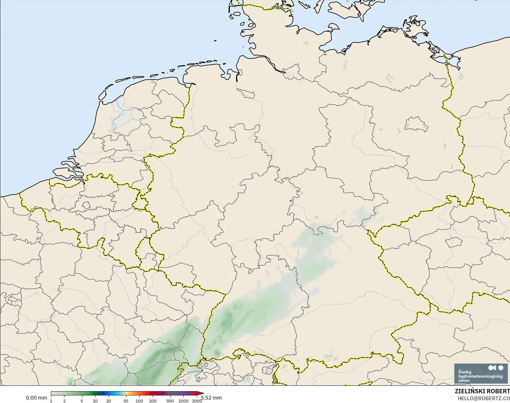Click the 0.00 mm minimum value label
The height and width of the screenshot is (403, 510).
(x=36, y=398)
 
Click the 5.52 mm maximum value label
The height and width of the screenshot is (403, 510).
(x=212, y=398)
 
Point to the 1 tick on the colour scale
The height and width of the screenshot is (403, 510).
(x=51, y=401)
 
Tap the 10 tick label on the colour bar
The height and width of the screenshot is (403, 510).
(x=95, y=401)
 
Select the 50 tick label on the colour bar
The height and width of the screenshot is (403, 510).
(x=126, y=401)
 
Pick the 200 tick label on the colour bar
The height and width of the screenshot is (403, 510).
(x=153, y=401)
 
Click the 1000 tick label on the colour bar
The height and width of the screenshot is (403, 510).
(x=183, y=401)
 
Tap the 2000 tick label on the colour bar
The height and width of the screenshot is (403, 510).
(x=197, y=401)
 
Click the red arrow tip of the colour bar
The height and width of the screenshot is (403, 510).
(x=202, y=394)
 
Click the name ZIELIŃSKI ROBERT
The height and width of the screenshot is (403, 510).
(x=482, y=391)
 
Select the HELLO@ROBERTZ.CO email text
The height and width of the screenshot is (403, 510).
(x=484, y=399)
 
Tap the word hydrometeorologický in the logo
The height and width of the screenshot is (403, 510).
(x=480, y=376)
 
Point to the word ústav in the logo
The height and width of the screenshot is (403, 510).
(x=464, y=380)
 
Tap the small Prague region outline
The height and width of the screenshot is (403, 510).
(x=451, y=242)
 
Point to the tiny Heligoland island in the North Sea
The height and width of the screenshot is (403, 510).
(x=215, y=40)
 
